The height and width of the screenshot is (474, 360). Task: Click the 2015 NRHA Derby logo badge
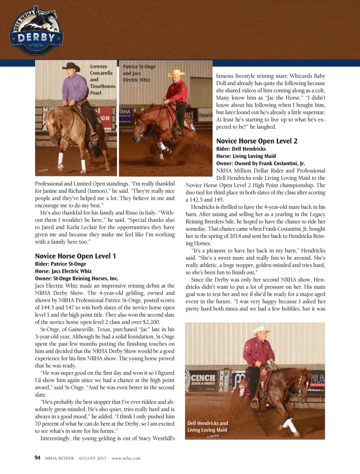point(36,31)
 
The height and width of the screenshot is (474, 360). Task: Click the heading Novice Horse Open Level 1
point(75,256)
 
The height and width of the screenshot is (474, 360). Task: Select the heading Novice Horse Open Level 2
point(257,141)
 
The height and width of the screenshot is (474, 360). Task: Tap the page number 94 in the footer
point(37,457)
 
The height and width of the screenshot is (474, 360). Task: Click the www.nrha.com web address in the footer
point(126,458)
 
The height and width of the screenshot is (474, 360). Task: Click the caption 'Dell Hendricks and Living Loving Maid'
point(207,427)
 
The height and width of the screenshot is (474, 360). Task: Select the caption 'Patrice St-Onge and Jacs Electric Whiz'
point(139,73)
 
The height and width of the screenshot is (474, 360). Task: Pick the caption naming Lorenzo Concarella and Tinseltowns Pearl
point(102,79)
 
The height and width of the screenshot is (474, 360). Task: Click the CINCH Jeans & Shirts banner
point(203,379)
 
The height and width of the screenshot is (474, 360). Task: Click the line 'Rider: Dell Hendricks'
point(241,149)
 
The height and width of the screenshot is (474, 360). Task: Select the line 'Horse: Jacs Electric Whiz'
point(63,271)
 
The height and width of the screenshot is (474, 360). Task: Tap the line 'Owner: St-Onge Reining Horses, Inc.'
point(77,279)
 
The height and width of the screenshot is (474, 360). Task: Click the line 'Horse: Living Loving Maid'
point(246,156)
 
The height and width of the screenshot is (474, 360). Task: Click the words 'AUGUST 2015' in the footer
point(92,458)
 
